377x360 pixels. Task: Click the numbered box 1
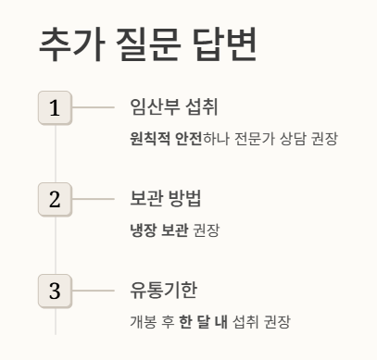(x=55, y=107)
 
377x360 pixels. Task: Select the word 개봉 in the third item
(x=143, y=323)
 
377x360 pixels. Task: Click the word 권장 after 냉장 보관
(x=206, y=230)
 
